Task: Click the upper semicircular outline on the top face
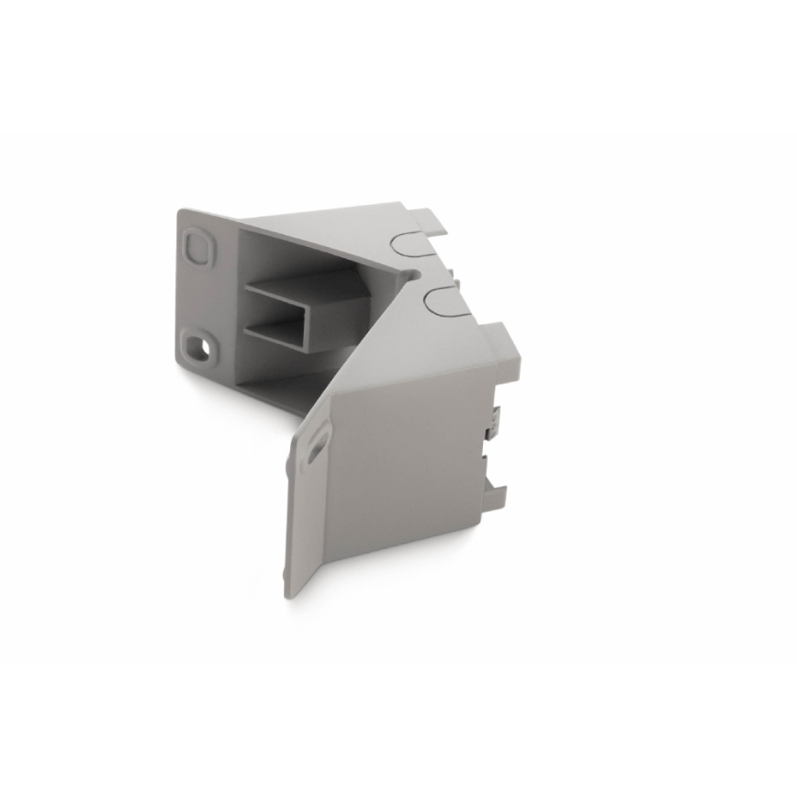tap(411, 241)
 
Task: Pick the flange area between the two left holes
tap(195, 296)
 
